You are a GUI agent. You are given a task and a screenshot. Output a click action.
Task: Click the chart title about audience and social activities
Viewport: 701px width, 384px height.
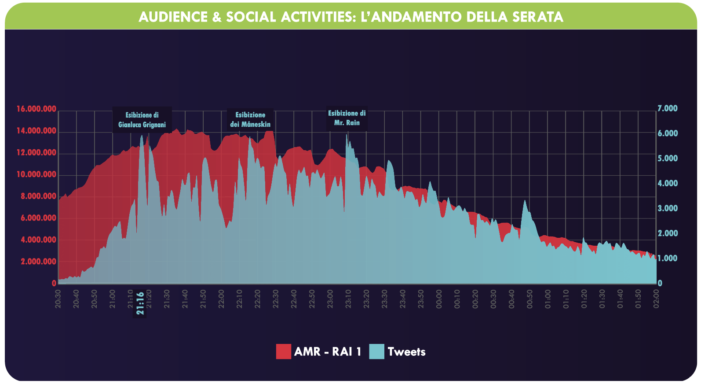pos(350,17)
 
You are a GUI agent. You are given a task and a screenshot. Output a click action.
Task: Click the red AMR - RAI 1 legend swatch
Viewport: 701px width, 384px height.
pos(283,351)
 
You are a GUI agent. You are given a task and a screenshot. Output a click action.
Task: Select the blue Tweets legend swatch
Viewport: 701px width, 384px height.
pos(376,351)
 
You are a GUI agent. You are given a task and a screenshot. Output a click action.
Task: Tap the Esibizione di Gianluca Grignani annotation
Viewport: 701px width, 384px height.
pos(142,120)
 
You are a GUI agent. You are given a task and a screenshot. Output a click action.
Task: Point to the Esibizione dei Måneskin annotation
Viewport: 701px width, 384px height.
pos(250,119)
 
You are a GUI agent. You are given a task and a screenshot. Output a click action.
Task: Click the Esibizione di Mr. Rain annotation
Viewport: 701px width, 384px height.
pos(347,118)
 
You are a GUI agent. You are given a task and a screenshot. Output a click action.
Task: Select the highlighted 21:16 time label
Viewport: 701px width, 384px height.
pos(140,303)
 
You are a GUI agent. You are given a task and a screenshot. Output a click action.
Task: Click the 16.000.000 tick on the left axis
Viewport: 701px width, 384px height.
pos(36,109)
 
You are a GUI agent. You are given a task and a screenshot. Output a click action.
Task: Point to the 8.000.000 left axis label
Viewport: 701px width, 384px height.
pos(38,196)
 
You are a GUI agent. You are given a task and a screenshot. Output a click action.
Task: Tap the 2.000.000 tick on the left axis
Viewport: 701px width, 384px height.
pos(38,262)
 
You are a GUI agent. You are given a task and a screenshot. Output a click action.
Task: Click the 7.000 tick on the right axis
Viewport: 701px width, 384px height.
pos(667,108)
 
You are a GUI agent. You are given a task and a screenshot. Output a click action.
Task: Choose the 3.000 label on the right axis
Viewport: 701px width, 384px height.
pos(667,208)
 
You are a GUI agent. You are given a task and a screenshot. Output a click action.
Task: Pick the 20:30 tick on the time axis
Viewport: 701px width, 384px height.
pos(58,298)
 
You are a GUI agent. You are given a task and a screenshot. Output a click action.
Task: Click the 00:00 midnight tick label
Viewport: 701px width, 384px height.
pos(439,298)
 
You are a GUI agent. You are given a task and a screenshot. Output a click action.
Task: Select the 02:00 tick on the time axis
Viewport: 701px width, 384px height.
pos(656,298)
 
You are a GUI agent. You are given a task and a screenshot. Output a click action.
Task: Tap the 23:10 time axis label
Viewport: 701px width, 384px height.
pos(348,298)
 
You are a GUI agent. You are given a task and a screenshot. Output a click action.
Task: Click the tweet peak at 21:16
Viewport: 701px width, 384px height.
pos(142,136)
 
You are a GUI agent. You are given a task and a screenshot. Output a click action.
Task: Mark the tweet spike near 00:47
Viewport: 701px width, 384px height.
pos(524,201)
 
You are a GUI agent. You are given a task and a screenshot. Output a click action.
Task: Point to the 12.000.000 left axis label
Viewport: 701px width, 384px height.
pos(36,153)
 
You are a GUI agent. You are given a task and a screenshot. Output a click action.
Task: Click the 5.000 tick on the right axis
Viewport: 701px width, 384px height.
pos(667,159)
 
